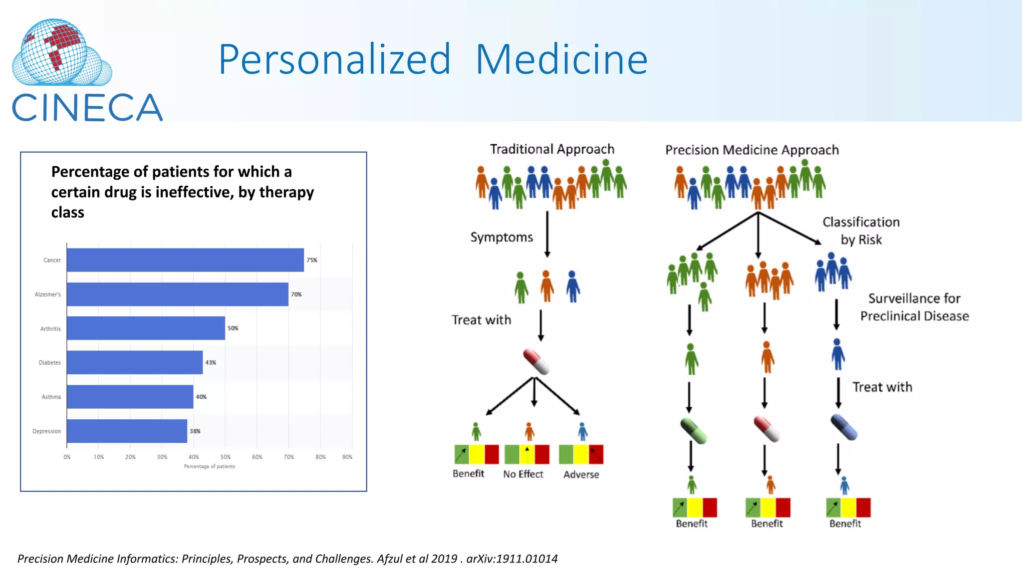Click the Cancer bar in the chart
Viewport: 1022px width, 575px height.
click(x=185, y=260)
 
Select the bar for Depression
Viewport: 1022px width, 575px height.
click(x=127, y=431)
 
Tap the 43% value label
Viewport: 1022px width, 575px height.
click(x=211, y=363)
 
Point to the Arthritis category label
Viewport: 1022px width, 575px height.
click(x=50, y=329)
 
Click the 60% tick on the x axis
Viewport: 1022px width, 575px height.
click(x=257, y=457)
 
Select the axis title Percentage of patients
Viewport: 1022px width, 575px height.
click(x=209, y=467)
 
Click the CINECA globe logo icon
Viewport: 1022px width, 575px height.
click(x=60, y=53)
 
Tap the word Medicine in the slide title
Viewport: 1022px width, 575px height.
click(x=561, y=60)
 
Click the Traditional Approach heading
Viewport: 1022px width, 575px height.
click(x=552, y=149)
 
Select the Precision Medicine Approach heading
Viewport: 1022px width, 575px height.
click(x=752, y=150)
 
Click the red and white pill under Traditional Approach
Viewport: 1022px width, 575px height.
click(x=536, y=362)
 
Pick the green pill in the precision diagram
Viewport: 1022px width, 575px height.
click(x=694, y=431)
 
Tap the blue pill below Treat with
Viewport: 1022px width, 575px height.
click(x=844, y=427)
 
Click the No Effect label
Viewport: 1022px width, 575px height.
click(x=523, y=474)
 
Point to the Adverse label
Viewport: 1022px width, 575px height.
click(x=581, y=475)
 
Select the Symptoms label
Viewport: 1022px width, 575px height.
click(x=502, y=238)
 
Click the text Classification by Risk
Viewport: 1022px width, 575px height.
click(x=861, y=231)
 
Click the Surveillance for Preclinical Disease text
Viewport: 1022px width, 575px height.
click(x=914, y=307)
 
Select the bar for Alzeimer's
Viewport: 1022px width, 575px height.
click(x=177, y=294)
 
